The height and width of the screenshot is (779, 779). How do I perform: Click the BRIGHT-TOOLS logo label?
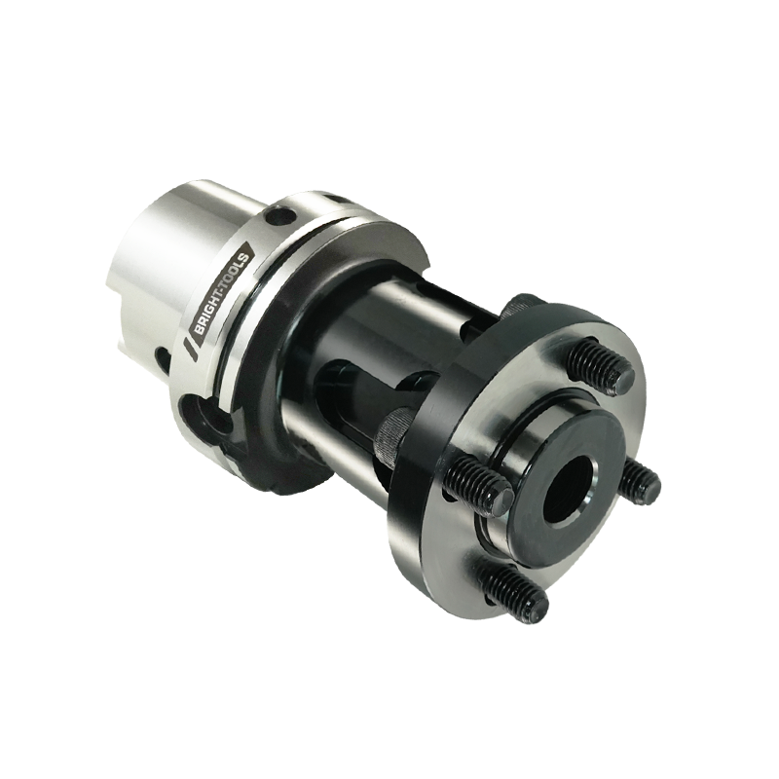click(222, 297)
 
